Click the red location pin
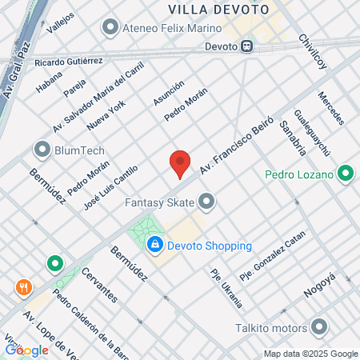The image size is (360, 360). pyautogui.click(x=180, y=162)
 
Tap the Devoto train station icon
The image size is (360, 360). pyautogui.click(x=248, y=46)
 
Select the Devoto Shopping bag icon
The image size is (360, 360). pyautogui.click(x=155, y=246)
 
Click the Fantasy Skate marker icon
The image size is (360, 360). pyautogui.click(x=207, y=202)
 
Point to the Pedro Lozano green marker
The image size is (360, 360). pyautogui.click(x=346, y=173)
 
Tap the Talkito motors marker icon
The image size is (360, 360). pyautogui.click(x=319, y=328)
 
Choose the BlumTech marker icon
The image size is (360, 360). pyautogui.click(x=42, y=150)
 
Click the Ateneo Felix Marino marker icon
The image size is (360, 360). pyautogui.click(x=110, y=29)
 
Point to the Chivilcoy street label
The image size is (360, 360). pyautogui.click(x=313, y=53)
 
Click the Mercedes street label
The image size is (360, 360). pyautogui.click(x=330, y=107)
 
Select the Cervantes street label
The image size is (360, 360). pyautogui.click(x=99, y=283)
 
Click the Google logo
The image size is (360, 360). pyautogui.click(x=26, y=350)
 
